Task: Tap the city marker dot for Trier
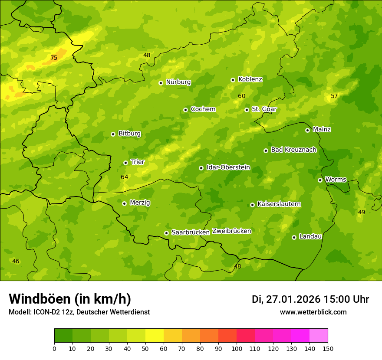click(126, 163)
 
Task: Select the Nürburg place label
click(178, 82)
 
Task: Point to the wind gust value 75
click(54, 58)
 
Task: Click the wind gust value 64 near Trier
click(125, 177)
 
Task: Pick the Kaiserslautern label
click(279, 204)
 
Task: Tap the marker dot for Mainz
click(308, 130)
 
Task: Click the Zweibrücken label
click(231, 231)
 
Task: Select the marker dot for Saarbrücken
click(166, 233)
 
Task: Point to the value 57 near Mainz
click(334, 96)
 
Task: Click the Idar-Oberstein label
click(228, 167)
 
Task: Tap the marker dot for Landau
click(294, 237)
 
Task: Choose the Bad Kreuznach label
click(293, 150)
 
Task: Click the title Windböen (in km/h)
click(70, 299)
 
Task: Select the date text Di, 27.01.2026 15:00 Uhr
click(310, 299)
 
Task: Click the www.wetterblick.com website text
click(313, 312)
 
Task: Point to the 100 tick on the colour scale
click(237, 348)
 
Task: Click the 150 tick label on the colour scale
click(328, 348)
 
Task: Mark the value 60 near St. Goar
click(242, 96)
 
